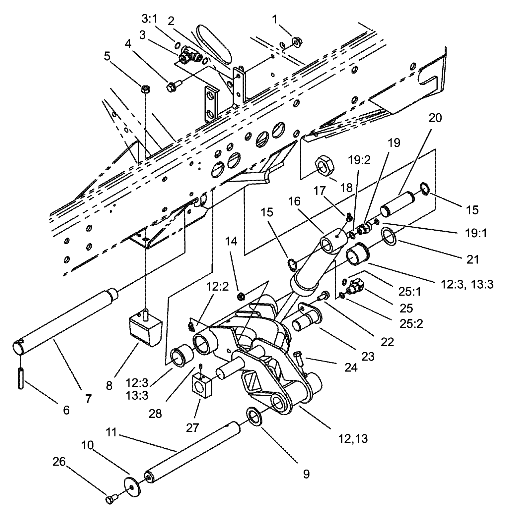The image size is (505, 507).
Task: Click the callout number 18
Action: coord(346,188)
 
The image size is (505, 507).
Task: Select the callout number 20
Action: coord(435,118)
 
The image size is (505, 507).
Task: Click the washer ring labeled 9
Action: coord(254,417)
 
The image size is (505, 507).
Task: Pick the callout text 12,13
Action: coord(353,439)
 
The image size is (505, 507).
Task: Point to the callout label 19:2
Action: coord(359,160)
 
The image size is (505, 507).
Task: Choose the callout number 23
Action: coord(368,356)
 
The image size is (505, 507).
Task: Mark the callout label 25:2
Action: coord(411,324)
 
